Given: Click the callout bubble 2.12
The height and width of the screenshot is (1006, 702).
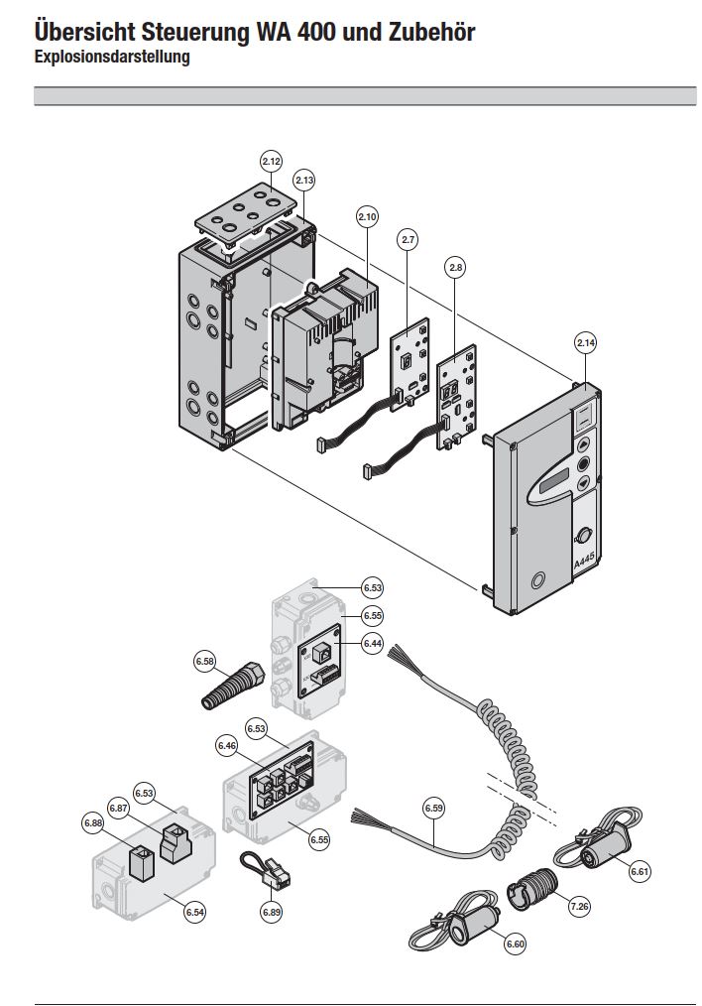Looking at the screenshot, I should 272,161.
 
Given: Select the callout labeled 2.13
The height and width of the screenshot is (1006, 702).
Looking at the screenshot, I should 304,180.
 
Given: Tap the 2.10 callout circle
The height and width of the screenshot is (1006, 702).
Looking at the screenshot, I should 367,216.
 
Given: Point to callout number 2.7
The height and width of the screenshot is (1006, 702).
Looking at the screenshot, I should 409,238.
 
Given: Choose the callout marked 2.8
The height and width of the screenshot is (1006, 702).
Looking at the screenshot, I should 455,267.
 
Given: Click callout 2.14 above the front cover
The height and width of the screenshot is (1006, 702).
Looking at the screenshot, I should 586,343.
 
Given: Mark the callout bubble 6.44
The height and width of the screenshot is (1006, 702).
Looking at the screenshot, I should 372,644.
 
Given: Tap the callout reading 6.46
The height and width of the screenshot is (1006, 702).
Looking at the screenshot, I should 227,744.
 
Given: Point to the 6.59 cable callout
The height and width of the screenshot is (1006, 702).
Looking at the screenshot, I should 433,809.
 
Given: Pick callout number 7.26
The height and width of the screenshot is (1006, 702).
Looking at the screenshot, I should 579,906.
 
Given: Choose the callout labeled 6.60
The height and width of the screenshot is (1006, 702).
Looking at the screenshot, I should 515,943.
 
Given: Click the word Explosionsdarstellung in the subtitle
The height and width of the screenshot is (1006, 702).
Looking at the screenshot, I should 111,58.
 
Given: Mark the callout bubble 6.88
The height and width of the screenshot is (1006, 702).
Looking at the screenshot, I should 94,821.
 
